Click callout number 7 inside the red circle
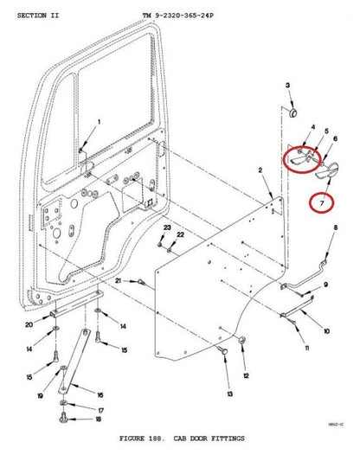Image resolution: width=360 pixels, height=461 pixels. (x=322, y=203)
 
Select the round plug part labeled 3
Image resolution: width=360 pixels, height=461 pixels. (x=291, y=112)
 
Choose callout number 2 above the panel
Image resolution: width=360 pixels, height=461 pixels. (x=259, y=172)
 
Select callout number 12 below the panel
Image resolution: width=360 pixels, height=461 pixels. (x=246, y=376)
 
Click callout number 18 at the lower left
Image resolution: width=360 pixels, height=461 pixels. (x=99, y=419)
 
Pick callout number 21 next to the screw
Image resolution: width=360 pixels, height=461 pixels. (x=118, y=282)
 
